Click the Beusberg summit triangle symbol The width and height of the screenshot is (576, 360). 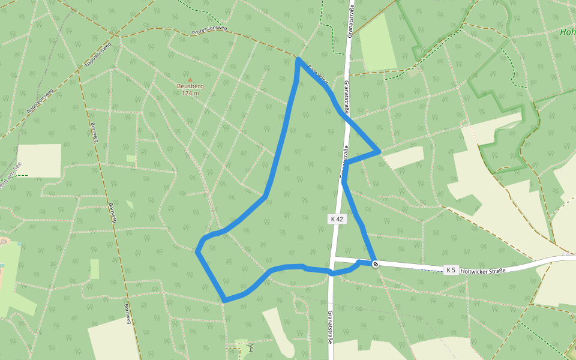(190, 79)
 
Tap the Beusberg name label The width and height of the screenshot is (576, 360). (190, 86)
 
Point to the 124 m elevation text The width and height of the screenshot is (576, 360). (190, 93)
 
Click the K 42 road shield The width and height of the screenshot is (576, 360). (337, 219)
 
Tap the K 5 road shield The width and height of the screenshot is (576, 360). (451, 270)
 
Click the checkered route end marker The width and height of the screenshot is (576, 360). (376, 264)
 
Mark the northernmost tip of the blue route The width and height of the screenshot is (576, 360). (298, 59)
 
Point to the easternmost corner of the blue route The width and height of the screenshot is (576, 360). (379, 151)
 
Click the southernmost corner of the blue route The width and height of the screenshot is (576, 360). (225, 300)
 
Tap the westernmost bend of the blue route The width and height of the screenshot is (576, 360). (197, 251)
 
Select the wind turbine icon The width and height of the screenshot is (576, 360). (250, 347)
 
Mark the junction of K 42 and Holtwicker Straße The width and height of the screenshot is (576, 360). (332, 259)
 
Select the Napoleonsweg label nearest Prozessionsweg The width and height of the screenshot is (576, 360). (98, 53)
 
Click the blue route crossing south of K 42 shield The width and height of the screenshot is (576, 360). (331, 272)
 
